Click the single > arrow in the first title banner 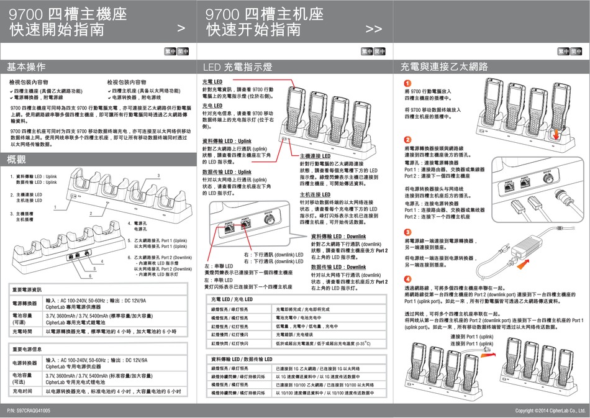pyautogui.click(x=181, y=29)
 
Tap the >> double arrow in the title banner pyautogui.click(x=374, y=29)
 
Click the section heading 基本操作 pyautogui.click(x=25, y=66)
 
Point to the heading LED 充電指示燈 pyautogui.click(x=238, y=66)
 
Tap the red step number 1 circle pyautogui.click(x=407, y=84)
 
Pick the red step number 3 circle pyautogui.click(x=407, y=232)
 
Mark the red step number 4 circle pyautogui.click(x=407, y=279)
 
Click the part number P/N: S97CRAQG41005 pyautogui.click(x=29, y=411)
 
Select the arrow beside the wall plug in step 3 pyautogui.click(x=524, y=265)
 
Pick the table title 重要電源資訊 pyautogui.click(x=27, y=290)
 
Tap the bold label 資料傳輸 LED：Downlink pyautogui.click(x=338, y=237)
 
